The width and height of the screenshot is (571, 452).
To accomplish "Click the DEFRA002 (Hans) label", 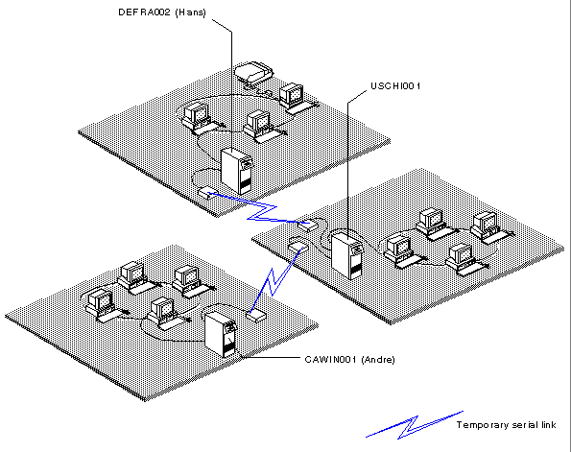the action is point(162,12).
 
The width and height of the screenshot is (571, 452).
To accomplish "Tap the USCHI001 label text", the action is point(395,86).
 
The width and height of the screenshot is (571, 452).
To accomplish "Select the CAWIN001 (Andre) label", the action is point(349,360).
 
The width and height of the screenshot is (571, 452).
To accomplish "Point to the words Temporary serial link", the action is point(506,425).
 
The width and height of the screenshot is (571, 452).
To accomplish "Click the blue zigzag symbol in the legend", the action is point(415,425).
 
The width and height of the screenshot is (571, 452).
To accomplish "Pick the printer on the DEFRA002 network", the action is point(253,72).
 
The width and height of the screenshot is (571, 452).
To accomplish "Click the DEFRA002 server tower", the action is point(237,171).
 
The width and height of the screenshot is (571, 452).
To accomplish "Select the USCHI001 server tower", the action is point(347,255).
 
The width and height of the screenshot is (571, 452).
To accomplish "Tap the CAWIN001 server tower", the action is point(221,334).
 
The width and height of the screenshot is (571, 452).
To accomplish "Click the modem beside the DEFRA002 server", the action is point(208,192).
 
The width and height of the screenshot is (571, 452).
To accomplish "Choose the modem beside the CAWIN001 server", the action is point(256,316).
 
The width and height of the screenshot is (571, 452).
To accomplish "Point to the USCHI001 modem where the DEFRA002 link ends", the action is point(308,226).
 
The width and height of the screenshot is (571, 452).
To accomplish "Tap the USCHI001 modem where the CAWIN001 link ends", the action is point(298,247).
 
